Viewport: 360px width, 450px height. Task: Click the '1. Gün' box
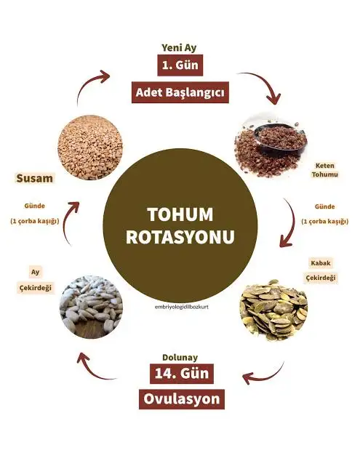pos(180,65)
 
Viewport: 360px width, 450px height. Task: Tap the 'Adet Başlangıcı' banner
pos(180,92)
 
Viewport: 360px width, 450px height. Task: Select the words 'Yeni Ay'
pos(179,48)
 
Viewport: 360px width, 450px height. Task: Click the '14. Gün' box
pos(182,374)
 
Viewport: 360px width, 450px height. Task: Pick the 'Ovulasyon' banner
pos(182,399)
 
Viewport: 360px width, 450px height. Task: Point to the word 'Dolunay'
pos(180,357)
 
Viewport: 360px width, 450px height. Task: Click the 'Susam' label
pos(35,178)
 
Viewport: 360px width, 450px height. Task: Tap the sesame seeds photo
pos(90,148)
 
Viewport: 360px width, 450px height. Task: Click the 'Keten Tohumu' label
pos(324,170)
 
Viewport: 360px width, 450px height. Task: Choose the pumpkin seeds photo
pos(273,310)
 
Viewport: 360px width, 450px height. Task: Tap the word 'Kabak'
pos(321,263)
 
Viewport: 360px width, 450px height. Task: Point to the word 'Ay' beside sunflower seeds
pos(36,272)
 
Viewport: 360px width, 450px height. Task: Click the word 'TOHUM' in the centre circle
pos(180,214)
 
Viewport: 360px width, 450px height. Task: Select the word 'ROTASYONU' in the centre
pos(180,237)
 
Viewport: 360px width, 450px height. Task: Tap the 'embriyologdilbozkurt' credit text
pos(181,307)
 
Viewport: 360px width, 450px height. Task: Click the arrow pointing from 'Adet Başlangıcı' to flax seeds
pos(266,82)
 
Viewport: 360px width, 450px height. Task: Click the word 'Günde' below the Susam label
pos(35,206)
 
